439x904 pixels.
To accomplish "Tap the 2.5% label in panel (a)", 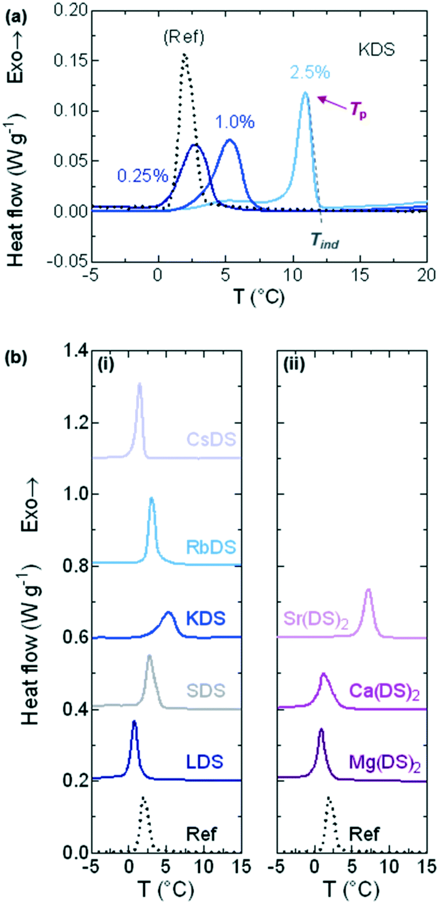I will coord(310,73).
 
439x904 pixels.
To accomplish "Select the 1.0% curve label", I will coord(235,122).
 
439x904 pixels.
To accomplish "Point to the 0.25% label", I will coord(143,175).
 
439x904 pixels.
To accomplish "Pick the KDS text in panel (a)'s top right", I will coord(377,49).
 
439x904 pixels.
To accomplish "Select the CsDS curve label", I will coord(213,440).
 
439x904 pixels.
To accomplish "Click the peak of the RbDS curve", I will coord(151,499).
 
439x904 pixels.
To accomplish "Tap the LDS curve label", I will coord(204,761).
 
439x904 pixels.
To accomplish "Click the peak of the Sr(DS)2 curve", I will coord(369,590).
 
